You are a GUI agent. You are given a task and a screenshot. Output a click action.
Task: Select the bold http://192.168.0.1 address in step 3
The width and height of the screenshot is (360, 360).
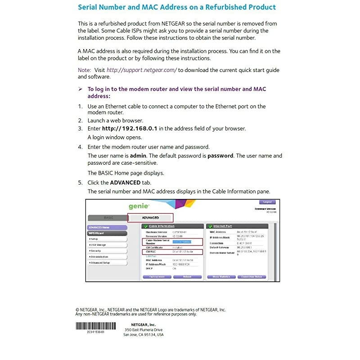(x=129, y=128)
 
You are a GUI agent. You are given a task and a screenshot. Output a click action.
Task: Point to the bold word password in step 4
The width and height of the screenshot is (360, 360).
(x=220, y=156)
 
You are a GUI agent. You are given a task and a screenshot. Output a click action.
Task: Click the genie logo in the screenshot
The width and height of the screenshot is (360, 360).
(x=139, y=207)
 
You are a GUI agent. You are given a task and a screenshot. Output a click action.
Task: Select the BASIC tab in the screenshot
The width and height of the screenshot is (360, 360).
(x=109, y=218)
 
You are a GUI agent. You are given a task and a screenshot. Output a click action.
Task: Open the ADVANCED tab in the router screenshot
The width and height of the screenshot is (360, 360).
(x=150, y=218)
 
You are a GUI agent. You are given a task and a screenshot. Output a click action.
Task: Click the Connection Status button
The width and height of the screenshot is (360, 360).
(x=252, y=277)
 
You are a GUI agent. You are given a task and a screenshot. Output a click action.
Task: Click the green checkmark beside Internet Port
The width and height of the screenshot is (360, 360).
(x=210, y=226)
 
